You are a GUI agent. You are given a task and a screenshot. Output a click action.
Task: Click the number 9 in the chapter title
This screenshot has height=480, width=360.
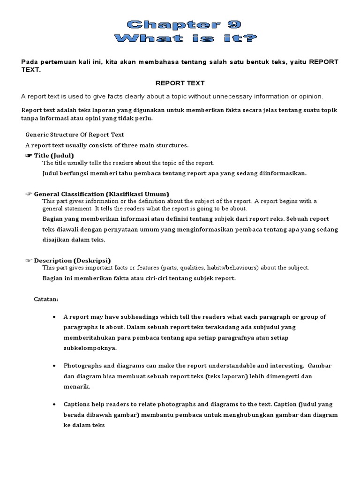coord(232,25)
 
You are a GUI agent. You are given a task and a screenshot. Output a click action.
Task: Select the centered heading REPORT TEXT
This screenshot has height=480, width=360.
coord(180,83)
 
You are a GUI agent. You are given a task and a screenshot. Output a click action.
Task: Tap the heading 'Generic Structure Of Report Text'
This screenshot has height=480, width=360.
coord(75,135)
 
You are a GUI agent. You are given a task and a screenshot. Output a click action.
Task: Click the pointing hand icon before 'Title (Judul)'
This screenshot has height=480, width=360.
coord(29,155)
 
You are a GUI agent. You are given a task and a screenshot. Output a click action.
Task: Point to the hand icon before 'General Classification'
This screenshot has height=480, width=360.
coord(29,194)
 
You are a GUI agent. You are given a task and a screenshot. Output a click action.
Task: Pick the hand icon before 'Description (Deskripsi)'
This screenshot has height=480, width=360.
coord(29,260)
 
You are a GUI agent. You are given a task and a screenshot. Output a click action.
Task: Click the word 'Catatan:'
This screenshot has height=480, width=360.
coord(46,299)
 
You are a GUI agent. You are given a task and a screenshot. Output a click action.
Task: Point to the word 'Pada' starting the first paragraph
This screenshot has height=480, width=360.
coord(29,62)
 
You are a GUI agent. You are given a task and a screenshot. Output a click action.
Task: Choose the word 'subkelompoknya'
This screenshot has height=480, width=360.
coord(87,348)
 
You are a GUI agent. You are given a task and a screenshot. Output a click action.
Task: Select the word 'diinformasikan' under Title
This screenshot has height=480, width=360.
coord(281,173)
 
